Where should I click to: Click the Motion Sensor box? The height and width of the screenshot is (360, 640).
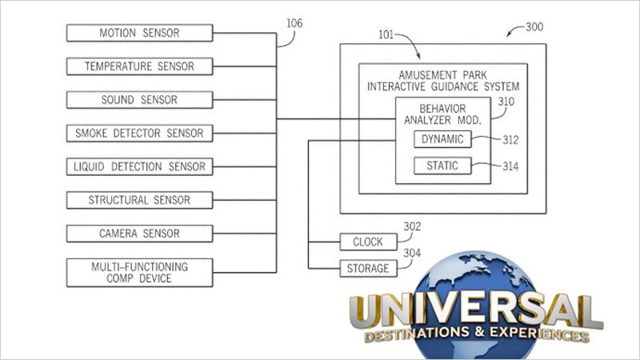[139, 33]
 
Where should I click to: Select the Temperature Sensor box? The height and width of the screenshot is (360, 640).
[139, 66]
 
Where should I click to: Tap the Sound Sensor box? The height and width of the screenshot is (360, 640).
[139, 100]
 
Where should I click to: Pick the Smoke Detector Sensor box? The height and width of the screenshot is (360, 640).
[139, 134]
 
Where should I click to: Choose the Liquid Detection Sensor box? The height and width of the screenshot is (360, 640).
[139, 167]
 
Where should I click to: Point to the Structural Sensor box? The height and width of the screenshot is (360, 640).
[139, 201]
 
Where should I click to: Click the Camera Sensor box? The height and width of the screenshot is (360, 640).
[139, 234]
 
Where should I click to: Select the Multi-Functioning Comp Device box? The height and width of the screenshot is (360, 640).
[139, 273]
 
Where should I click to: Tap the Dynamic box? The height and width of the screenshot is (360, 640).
[442, 139]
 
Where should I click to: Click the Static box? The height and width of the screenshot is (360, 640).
[442, 166]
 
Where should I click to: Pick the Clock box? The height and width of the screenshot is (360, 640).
[368, 242]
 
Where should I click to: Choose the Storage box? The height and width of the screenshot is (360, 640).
[368, 269]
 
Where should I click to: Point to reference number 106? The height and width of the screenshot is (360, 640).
[294, 23]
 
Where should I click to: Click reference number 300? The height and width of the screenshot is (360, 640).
[534, 27]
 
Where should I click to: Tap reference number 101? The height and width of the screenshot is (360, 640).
[386, 34]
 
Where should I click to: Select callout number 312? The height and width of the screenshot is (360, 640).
[510, 140]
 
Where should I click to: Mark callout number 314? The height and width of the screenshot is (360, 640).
[510, 166]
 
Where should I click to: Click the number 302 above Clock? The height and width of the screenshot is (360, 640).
[412, 226]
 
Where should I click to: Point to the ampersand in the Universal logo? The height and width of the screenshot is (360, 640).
[479, 331]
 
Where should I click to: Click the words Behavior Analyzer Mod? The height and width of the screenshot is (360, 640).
[443, 114]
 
